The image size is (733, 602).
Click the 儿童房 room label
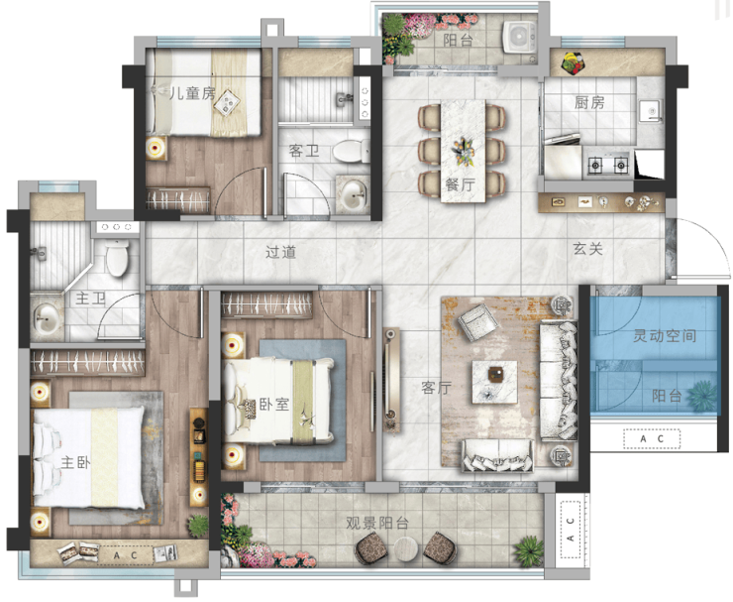pos(192,93)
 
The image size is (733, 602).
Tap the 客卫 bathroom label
pos(304,151)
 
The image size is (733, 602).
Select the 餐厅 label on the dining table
pos(461,184)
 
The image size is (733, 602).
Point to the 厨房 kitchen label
pos(589,102)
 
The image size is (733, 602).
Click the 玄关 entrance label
pos(588,249)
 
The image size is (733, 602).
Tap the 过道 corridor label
pos(281,252)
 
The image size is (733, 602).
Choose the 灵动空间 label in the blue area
pos(665,335)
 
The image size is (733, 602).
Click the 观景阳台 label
pos(377,523)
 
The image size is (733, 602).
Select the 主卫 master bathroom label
pos(91,299)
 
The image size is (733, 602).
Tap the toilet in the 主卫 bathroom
pos(117,257)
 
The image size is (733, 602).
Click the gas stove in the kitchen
pos(608,164)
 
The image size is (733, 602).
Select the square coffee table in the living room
pos(494,382)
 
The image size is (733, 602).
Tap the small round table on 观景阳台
pos(405,549)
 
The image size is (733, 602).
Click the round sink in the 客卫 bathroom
pos(353,195)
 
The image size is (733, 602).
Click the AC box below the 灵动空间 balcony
pos(652,439)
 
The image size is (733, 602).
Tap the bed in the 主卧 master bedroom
pos(89,457)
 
